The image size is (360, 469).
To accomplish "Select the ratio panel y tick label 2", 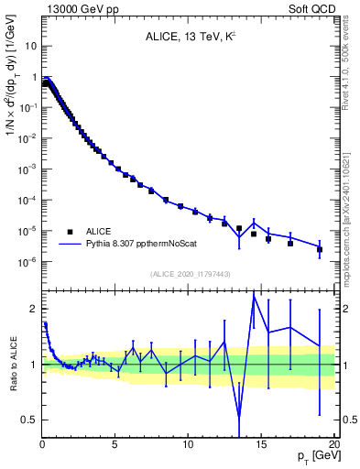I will point(33,309).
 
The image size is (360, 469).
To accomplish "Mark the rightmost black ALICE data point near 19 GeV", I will point(320,249).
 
